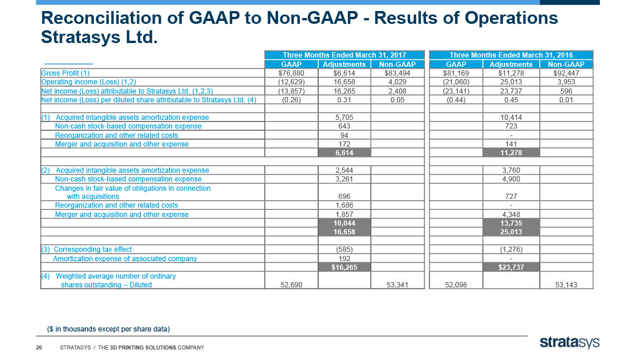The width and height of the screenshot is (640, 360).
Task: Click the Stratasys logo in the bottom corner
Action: tap(570, 343)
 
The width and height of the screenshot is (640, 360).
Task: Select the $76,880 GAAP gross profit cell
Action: tap(291, 73)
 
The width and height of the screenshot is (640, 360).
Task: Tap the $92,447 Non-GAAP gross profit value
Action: tap(566, 73)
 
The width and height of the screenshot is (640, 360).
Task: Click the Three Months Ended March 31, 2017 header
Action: tap(344, 55)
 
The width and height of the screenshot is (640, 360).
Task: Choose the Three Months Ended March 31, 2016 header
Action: tap(511, 55)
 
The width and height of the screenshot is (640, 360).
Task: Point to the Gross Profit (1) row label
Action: tap(65, 73)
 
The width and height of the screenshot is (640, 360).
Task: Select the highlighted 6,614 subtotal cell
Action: tap(344, 152)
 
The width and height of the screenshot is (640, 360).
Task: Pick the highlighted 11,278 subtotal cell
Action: tap(511, 152)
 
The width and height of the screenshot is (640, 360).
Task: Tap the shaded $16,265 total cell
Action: tap(344, 268)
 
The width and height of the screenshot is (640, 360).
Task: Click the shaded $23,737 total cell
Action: tap(511, 268)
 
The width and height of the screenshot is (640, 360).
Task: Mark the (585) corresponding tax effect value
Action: tap(344, 249)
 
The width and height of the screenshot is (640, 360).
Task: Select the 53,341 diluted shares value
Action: tap(397, 285)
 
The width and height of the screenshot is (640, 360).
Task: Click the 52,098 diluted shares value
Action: tap(456, 285)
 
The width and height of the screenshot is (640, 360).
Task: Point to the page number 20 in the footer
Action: tap(39, 348)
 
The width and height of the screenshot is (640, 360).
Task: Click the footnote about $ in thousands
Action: tap(109, 329)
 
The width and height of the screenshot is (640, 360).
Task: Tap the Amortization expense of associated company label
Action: tap(125, 259)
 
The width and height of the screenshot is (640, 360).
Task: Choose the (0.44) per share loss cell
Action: tap(456, 100)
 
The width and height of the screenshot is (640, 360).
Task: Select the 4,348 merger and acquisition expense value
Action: tap(511, 215)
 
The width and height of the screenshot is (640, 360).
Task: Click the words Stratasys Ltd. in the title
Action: tap(99, 37)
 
